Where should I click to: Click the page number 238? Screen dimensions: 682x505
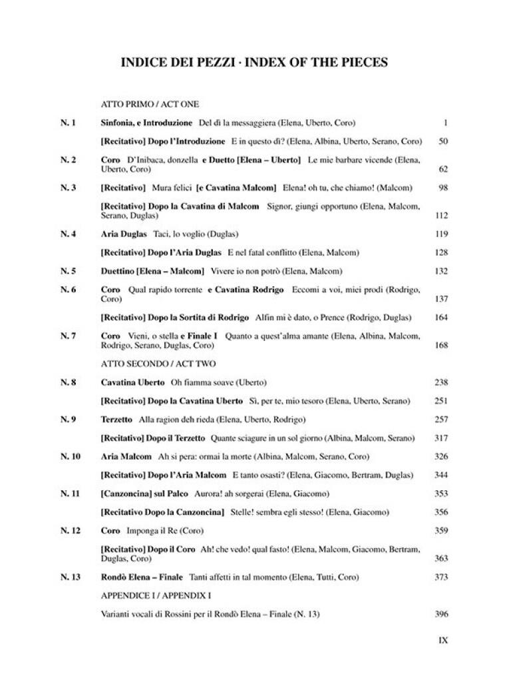pos(441,382)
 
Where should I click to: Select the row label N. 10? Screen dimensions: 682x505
pos(70,456)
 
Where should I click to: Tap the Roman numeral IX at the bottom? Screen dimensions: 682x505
pos(443,640)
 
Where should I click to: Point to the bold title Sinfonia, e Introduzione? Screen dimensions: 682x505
pos(146,123)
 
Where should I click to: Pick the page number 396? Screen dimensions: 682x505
pos(441,614)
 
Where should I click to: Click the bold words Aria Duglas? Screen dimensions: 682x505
pos(124,234)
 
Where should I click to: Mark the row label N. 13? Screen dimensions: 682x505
pos(70,577)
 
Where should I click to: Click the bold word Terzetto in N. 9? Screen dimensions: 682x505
pos(117,420)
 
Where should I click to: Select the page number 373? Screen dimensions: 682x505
pos(441,577)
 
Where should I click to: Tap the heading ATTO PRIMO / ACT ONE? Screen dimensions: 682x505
pos(150,105)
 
